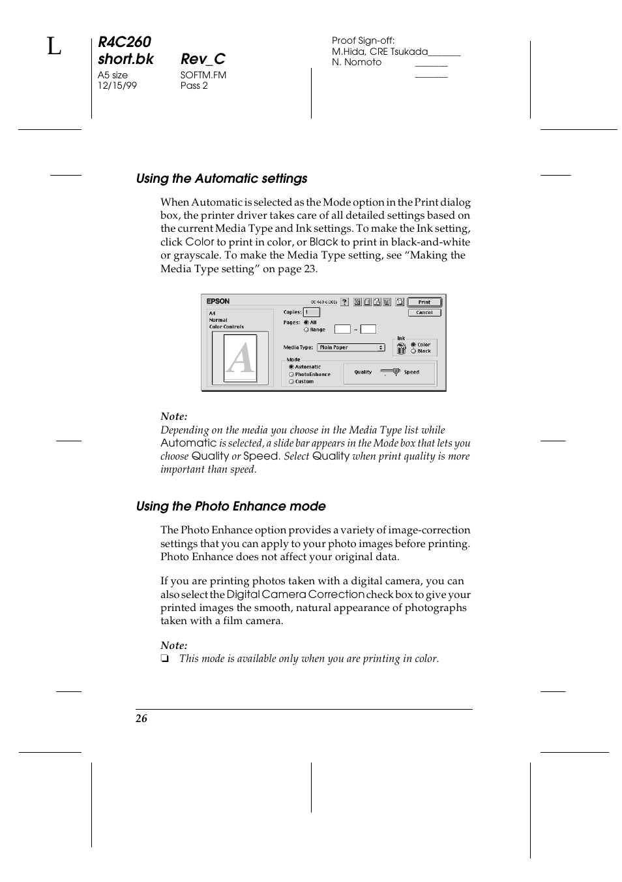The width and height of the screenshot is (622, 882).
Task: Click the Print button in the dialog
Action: click(x=424, y=302)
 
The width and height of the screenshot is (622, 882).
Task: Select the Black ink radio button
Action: click(x=413, y=351)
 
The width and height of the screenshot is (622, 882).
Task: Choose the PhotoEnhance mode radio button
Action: click(x=291, y=374)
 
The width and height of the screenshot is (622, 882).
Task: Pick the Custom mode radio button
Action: click(x=291, y=381)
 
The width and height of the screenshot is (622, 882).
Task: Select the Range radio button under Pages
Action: click(x=306, y=330)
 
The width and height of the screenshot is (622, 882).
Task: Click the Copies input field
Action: click(x=311, y=312)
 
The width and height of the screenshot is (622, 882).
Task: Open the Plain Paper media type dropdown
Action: click(x=351, y=347)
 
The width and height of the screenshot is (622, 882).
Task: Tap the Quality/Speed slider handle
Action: click(x=396, y=371)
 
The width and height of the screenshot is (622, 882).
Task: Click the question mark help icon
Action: click(x=344, y=302)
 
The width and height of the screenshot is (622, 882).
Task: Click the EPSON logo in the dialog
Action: click(x=218, y=302)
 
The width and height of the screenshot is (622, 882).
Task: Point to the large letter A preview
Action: click(x=240, y=358)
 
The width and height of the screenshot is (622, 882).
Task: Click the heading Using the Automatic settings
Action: click(x=222, y=179)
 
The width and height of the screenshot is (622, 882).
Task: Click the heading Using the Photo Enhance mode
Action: click(x=231, y=507)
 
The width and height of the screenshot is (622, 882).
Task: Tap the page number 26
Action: click(x=141, y=719)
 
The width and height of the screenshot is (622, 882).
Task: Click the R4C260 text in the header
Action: click(x=125, y=42)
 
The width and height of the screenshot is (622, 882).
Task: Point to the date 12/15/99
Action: click(x=117, y=86)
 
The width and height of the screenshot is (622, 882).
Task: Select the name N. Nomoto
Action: click(x=357, y=62)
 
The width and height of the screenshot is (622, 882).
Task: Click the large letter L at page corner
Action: click(x=54, y=47)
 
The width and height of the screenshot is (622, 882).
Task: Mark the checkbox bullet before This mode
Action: click(x=164, y=659)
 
